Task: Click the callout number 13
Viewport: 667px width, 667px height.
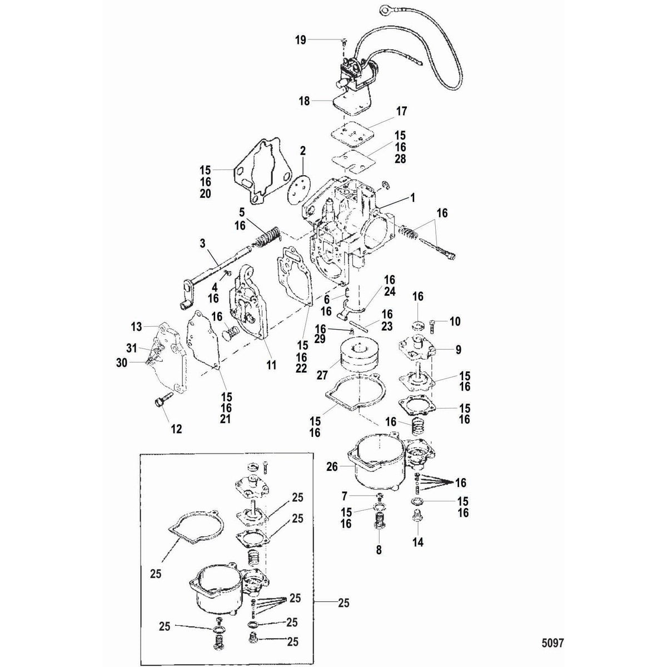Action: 136,326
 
